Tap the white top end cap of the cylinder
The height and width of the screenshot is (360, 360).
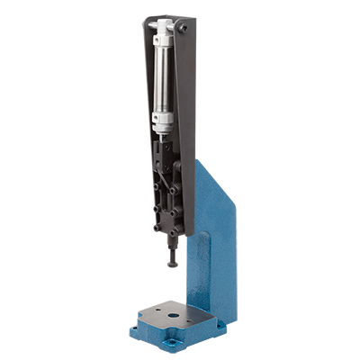click(165, 36)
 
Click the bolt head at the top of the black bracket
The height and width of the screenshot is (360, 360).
click(184, 30)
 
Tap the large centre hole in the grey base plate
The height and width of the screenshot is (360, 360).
click(169, 310)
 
